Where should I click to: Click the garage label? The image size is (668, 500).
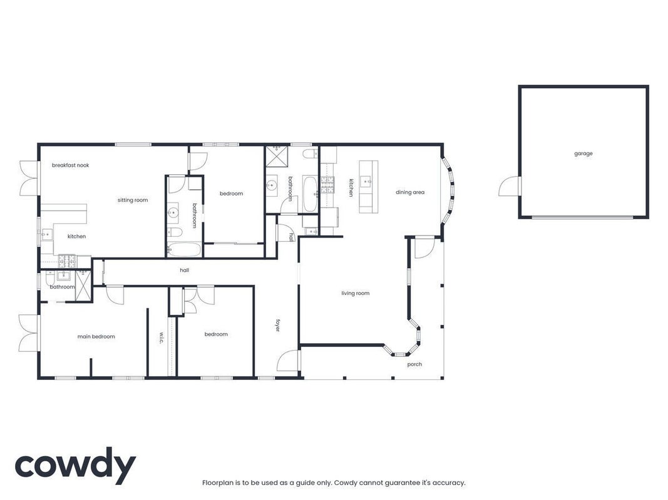(x=583, y=154)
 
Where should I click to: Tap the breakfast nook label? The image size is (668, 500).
(x=70, y=165)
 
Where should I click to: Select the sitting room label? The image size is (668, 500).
(x=133, y=200)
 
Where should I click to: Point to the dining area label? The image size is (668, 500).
(x=410, y=192)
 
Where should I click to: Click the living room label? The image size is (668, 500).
(x=356, y=293)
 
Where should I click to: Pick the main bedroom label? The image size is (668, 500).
(x=96, y=336)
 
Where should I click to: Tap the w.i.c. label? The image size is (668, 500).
(x=162, y=337)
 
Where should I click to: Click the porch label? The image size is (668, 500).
(x=414, y=364)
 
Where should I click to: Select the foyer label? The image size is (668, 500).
(x=278, y=325)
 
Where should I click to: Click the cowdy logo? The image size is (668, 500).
(x=75, y=466)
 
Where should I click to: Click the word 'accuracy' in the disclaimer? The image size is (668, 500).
(x=449, y=483)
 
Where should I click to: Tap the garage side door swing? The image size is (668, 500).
(x=510, y=187)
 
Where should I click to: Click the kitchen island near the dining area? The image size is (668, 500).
(x=369, y=186)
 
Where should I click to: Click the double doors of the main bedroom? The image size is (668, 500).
(x=29, y=333)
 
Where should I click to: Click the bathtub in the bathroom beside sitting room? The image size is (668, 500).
(x=183, y=249)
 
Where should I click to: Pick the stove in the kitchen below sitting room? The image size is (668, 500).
(x=66, y=261)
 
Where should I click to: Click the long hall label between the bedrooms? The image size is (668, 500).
(x=185, y=270)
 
